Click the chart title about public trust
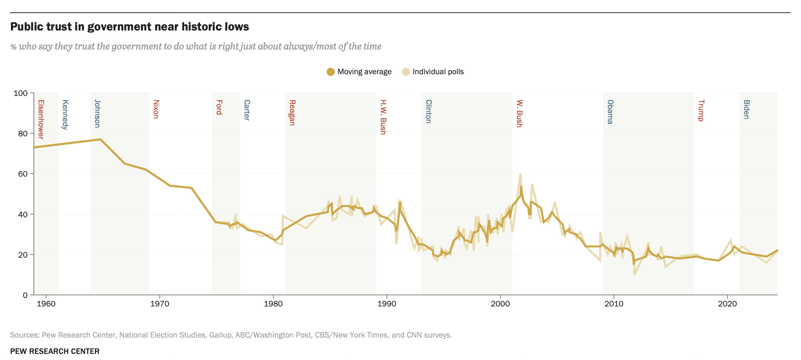coord(129,26)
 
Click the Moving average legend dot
coord(330,72)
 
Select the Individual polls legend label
coord(438,72)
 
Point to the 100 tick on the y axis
coord(20,93)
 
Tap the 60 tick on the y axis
coord(22,174)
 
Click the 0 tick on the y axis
coord(25,295)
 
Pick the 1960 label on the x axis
coord(46,304)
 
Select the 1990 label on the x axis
coord(387,304)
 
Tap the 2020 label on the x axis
coord(727,304)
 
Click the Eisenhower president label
coord(41,119)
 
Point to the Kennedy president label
coord(65,115)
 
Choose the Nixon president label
coord(156,109)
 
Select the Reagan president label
coord(292,113)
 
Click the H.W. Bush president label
coord(383,117)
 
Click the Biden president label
coord(746,109)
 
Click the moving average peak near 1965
coord(101,139)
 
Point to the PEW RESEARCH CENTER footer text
coord(55,351)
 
